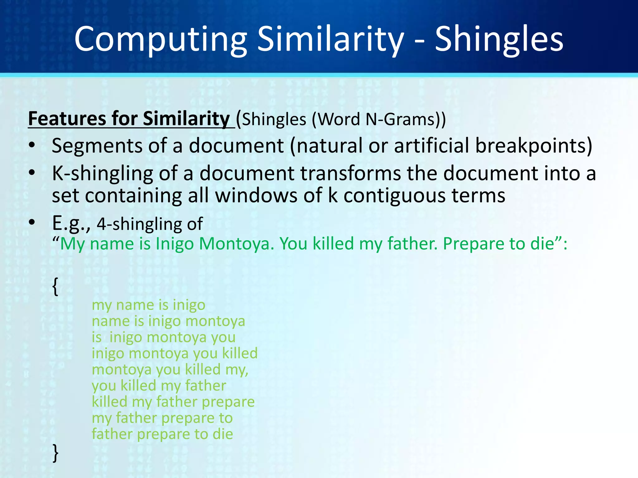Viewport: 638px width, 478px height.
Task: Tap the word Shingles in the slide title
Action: (499, 40)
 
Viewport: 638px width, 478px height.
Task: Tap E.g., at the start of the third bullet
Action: (71, 223)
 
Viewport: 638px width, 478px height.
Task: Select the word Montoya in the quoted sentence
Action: (236, 244)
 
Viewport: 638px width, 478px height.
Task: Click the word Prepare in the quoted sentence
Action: (473, 244)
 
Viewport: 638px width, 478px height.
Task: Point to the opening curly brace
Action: (55, 286)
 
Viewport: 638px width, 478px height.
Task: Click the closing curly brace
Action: (55, 453)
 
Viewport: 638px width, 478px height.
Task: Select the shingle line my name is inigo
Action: (148, 305)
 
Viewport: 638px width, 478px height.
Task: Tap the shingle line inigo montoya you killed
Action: (174, 353)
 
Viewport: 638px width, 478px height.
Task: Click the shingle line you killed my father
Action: (159, 386)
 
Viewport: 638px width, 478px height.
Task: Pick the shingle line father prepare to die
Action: (162, 434)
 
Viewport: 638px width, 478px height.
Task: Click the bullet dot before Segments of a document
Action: (32, 146)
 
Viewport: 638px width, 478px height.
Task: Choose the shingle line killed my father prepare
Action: (173, 402)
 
